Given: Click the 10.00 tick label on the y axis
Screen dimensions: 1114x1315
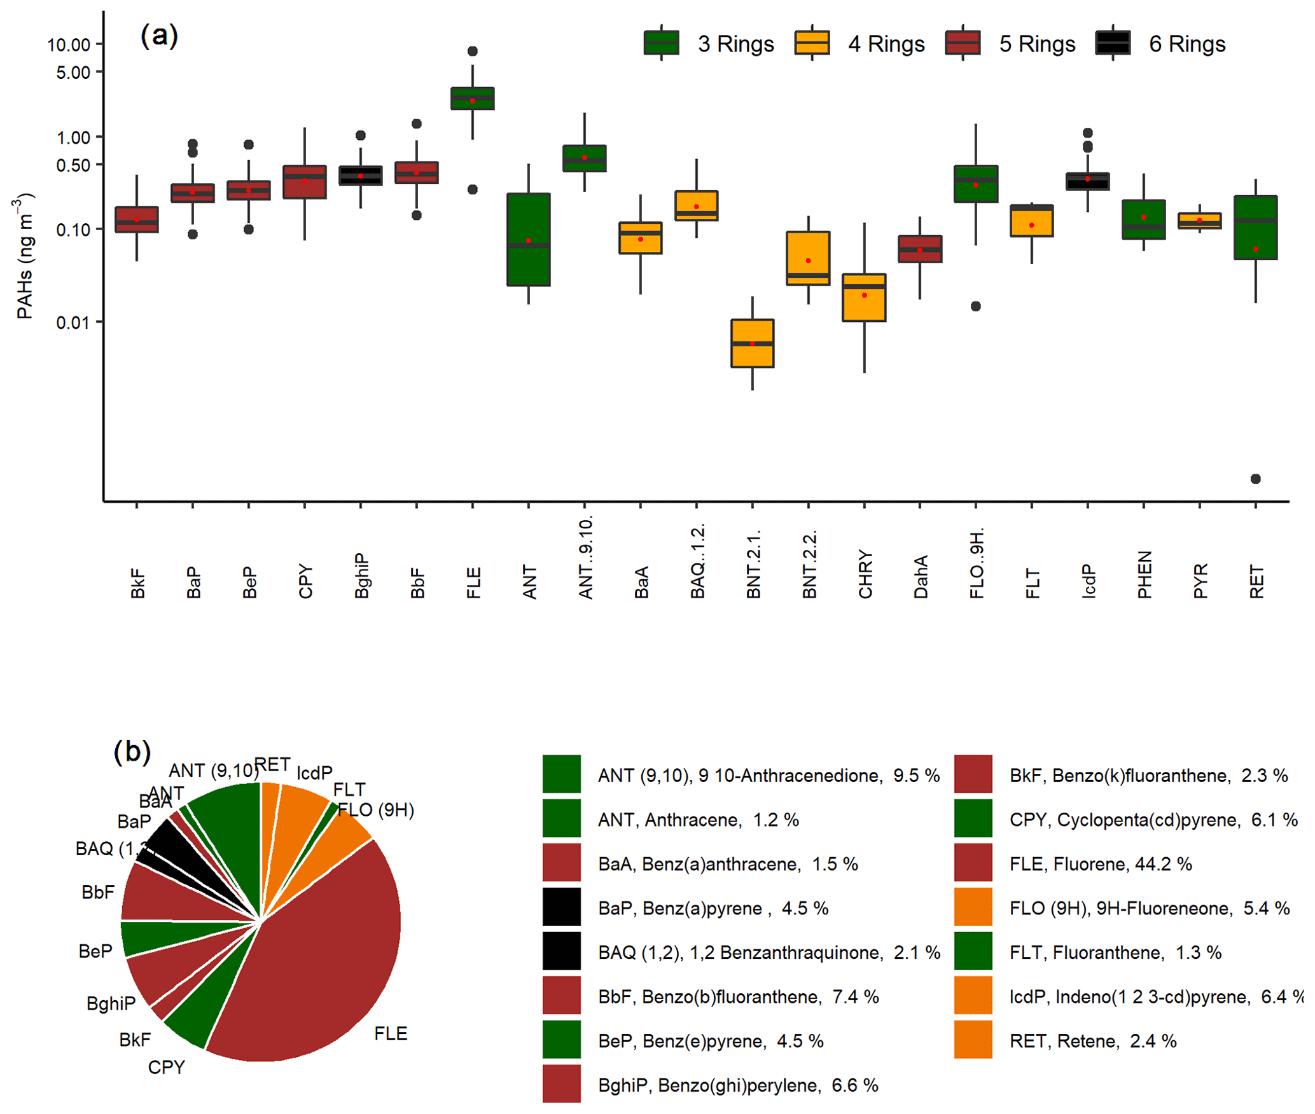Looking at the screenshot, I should (69, 45).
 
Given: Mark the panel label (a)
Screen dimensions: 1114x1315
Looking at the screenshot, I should (160, 36).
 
